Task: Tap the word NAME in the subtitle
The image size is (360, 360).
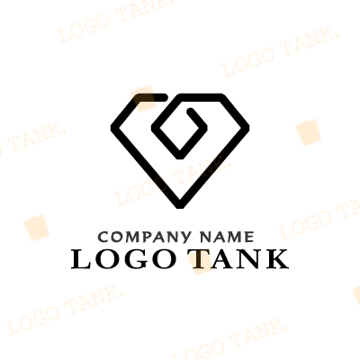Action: pyautogui.click(x=227, y=237)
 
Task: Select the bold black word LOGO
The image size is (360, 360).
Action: pyautogui.click(x=124, y=259)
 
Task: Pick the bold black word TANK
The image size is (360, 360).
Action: pyautogui.click(x=238, y=259)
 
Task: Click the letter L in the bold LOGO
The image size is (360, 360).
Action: pyautogui.click(x=81, y=259)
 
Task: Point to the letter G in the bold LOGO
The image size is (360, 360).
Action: pyautogui.click(x=136, y=259)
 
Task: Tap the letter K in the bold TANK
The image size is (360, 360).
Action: pyautogui.click(x=277, y=259)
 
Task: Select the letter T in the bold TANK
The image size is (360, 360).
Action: pyautogui.click(x=198, y=259)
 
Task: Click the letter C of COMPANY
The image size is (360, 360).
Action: pyautogui.click(x=103, y=237)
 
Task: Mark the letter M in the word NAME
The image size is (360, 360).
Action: pyautogui.click(x=236, y=237)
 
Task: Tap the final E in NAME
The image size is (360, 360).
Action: pyautogui.click(x=249, y=237)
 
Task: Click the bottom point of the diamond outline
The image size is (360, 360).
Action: pyautogui.click(x=180, y=206)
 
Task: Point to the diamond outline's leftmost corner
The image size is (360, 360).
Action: pyautogui.click(x=113, y=128)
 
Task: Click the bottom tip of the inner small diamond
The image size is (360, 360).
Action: pyautogui.click(x=180, y=156)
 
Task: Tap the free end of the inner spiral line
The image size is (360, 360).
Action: pyautogui.click(x=190, y=111)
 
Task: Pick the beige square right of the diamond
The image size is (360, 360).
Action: pyautogui.click(x=309, y=132)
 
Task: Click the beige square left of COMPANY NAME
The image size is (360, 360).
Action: pyautogui.click(x=36, y=228)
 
